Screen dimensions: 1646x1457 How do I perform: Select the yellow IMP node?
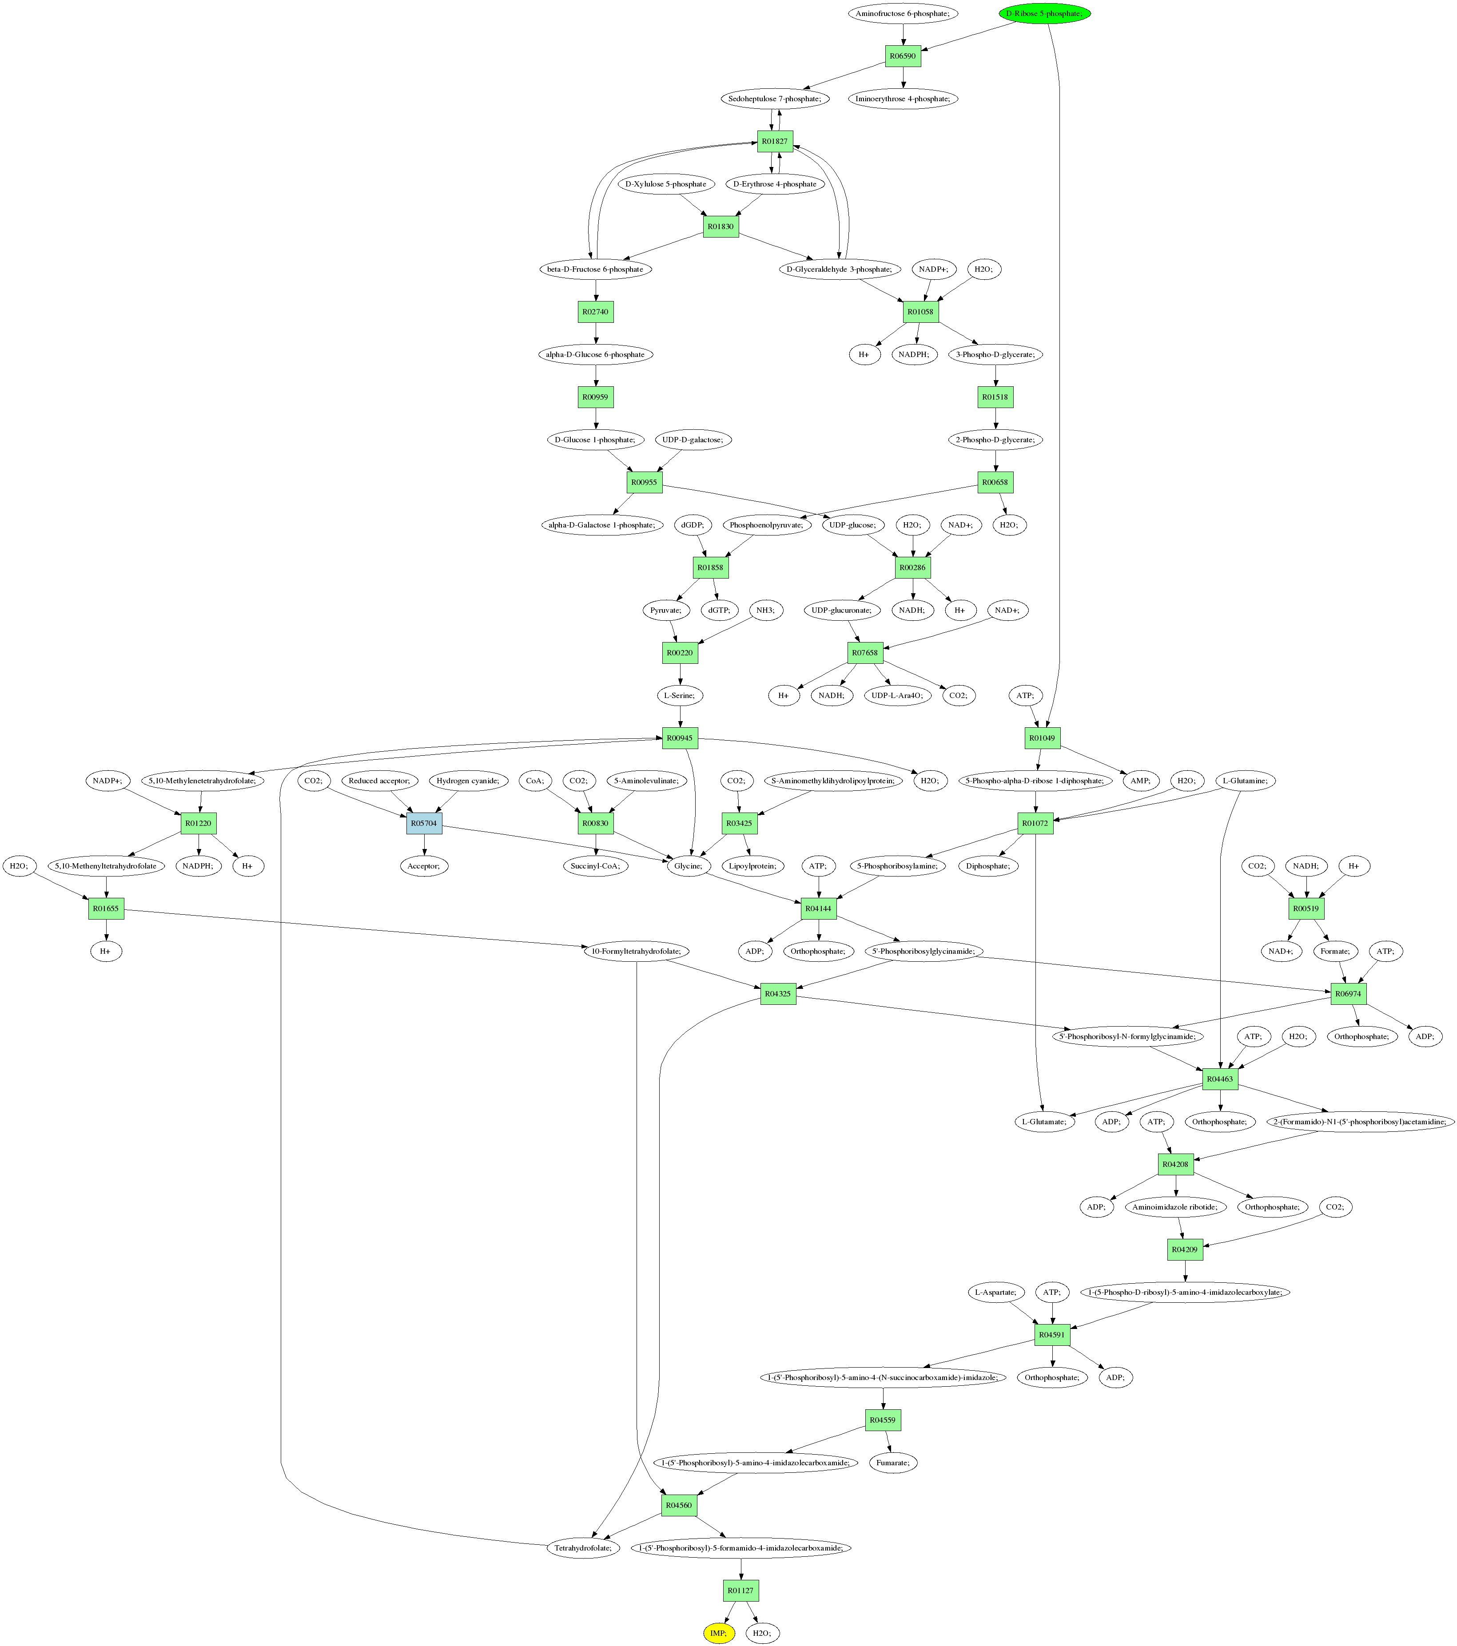pos(718,1632)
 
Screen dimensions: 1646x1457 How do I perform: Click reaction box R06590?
pos(903,56)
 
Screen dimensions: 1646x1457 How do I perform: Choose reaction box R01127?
pos(740,1590)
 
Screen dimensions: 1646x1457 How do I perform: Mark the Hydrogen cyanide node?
pos(468,780)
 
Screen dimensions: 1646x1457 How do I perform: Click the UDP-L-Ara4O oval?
pos(896,695)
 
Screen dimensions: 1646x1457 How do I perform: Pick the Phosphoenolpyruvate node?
pos(766,525)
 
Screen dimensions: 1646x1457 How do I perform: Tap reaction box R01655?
pos(106,908)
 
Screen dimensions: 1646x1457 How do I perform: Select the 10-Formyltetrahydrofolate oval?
pos(636,951)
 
